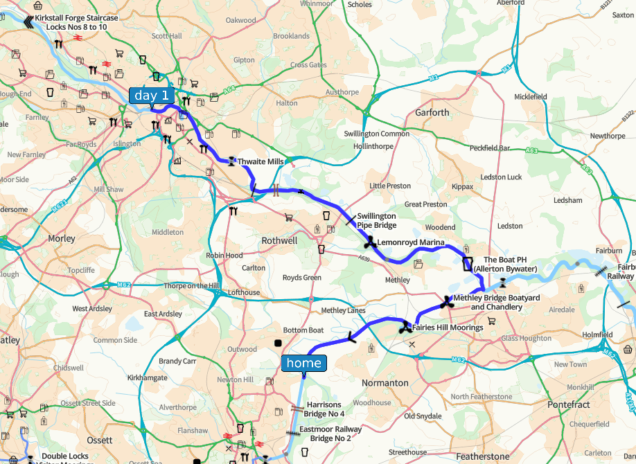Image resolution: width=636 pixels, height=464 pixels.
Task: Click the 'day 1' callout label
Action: [151, 96]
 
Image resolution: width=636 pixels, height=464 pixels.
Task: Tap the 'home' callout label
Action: [303, 363]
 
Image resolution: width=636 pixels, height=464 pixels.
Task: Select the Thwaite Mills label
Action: [260, 162]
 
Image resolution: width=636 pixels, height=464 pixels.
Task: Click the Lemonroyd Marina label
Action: [411, 242]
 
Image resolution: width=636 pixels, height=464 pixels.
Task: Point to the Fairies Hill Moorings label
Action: [448, 327]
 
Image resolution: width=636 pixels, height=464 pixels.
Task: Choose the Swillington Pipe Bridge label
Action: [377, 221]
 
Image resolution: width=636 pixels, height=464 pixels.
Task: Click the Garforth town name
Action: [432, 112]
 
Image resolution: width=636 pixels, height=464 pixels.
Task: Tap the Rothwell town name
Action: [279, 240]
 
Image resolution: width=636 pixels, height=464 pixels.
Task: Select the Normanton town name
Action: [385, 382]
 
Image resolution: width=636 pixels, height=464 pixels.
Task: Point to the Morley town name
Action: [62, 238]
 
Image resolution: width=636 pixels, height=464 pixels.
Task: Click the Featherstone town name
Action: [482, 456]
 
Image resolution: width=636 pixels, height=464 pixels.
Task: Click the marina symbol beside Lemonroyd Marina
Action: [370, 243]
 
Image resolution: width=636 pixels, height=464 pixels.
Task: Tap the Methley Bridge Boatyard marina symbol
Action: [446, 302]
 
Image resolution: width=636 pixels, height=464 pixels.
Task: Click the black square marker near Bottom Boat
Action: [278, 343]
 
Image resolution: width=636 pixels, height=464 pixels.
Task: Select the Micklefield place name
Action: [531, 96]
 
